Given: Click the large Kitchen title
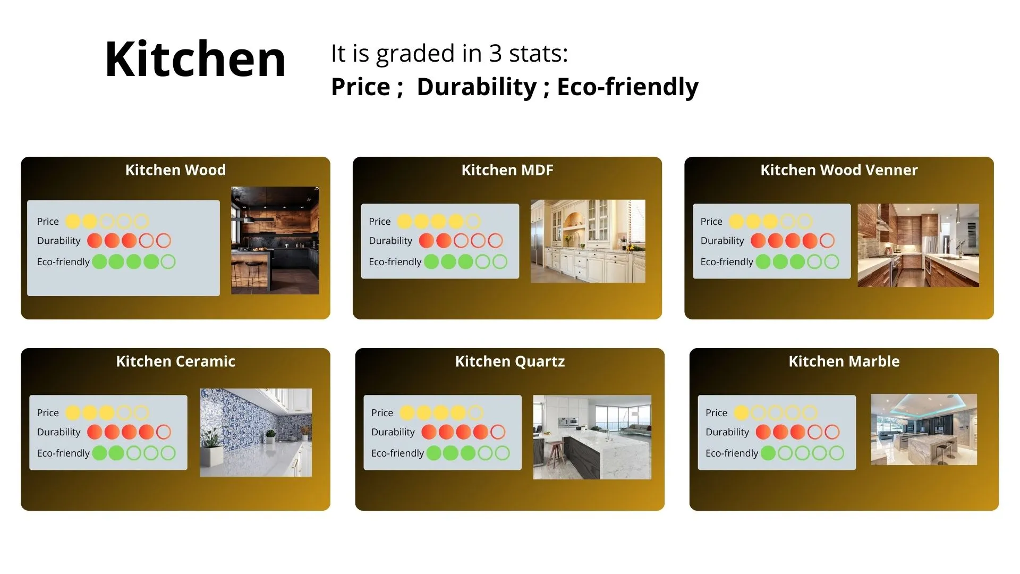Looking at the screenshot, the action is tap(195, 59).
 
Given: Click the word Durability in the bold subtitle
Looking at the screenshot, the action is tap(477, 87).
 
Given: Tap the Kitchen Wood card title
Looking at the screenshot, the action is tap(175, 170).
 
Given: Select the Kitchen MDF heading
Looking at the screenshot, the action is tap(507, 170).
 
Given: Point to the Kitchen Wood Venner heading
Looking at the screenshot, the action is tap(839, 170).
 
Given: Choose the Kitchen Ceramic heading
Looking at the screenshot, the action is tap(175, 361).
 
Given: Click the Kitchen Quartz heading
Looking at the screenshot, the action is tap(510, 361).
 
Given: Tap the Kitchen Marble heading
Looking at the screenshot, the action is tap(844, 361).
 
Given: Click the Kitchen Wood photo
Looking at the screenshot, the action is tap(275, 240).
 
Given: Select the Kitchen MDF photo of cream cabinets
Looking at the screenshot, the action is tap(588, 241).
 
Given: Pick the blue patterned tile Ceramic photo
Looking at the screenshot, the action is tap(256, 433).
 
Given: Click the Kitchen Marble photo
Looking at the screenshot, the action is tap(924, 429).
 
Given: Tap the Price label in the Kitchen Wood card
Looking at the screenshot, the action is tap(48, 222).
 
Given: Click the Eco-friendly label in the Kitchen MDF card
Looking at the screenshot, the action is tap(395, 262).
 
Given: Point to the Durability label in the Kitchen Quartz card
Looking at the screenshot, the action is tap(393, 432).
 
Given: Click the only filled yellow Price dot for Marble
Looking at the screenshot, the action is tap(741, 413).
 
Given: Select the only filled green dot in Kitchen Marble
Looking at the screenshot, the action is tap(768, 453).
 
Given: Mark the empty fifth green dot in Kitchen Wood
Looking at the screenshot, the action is tap(168, 262).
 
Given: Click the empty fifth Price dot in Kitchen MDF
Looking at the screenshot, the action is tap(473, 222).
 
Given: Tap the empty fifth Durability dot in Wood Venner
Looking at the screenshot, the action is tap(827, 241).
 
